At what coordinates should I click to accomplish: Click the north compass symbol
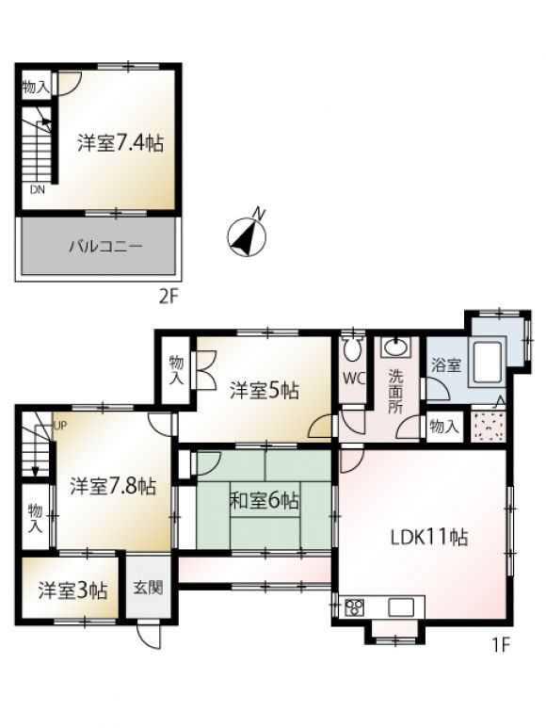click(x=247, y=235)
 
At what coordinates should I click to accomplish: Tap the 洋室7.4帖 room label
click(x=120, y=142)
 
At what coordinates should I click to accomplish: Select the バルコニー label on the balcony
click(x=105, y=246)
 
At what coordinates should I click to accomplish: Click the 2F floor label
click(x=169, y=297)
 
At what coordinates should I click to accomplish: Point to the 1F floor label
click(x=501, y=645)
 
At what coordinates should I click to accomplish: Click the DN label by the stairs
click(x=38, y=190)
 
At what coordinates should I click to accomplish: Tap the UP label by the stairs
click(x=60, y=425)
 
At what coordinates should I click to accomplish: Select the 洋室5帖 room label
click(x=264, y=391)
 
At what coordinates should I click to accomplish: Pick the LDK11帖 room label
click(x=429, y=537)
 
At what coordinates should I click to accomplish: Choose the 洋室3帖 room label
click(x=72, y=591)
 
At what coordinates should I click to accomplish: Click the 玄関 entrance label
click(x=149, y=588)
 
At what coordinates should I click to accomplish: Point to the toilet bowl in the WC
click(x=353, y=348)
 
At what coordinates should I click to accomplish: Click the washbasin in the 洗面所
click(x=395, y=347)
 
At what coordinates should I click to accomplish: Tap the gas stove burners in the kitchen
click(x=354, y=607)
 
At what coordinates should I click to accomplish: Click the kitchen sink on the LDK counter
click(x=401, y=607)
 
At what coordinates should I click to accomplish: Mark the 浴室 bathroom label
click(x=446, y=364)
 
